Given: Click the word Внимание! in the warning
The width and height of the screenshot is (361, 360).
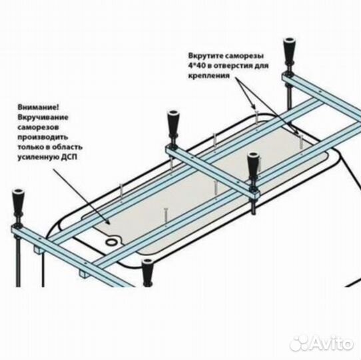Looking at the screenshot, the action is tap(38, 107).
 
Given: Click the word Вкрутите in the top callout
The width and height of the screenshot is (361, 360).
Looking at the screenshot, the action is tap(205, 56).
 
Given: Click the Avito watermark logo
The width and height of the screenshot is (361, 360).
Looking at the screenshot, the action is tap(322, 343).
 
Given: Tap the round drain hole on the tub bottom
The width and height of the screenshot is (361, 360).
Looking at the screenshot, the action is tap(112, 242).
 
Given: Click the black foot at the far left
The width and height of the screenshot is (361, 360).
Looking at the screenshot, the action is tap(18, 203).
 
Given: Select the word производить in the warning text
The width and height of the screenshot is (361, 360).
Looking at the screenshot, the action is tap(43, 137).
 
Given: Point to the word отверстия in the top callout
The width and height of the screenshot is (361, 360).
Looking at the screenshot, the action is tap(232, 66).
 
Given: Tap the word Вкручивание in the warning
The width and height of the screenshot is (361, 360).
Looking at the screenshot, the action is tap(43, 117).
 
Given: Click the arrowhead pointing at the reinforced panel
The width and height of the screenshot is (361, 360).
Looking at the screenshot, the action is tap(107, 222).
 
